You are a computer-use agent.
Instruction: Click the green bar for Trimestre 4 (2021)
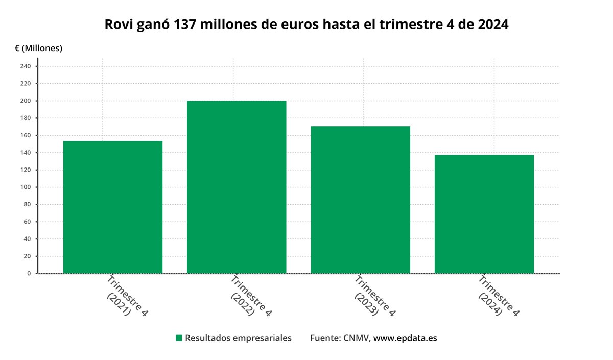coord(113,207)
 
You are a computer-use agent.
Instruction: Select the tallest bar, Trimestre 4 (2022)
coord(237,187)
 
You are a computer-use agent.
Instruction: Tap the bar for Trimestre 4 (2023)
coord(360,200)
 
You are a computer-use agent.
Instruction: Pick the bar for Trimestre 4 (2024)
coord(484,214)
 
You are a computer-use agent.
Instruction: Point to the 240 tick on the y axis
coord(26,66)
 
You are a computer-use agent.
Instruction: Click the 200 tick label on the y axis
coord(26,101)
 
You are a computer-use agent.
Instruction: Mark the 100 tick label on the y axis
coord(26,187)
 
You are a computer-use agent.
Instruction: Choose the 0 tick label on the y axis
coord(29,273)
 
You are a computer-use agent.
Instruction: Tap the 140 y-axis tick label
coord(26,153)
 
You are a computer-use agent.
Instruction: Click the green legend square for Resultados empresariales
coord(179,338)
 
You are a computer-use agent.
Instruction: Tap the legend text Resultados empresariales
coord(238,338)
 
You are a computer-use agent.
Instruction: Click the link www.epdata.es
coord(405,338)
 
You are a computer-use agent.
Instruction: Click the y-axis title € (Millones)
coord(38,48)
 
